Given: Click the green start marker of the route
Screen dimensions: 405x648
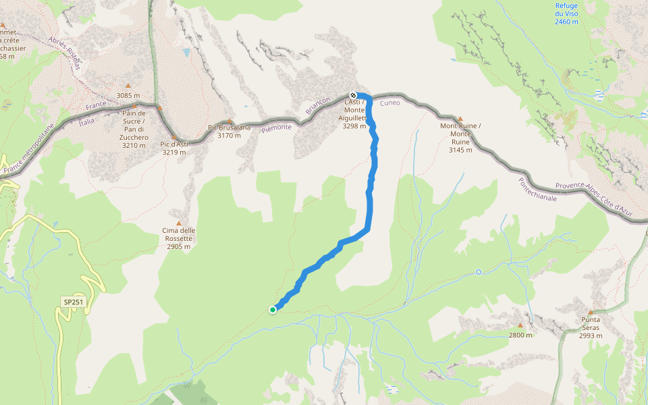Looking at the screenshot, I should pyautogui.click(x=273, y=310).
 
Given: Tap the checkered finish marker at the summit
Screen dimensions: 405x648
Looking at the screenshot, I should pyautogui.click(x=353, y=95).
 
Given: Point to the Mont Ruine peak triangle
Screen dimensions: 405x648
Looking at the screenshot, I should pyautogui.click(x=460, y=118).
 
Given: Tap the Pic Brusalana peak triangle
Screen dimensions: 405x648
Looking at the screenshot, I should pyautogui.click(x=230, y=122).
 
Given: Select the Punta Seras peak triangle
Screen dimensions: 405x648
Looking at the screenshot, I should pyautogui.click(x=591, y=313).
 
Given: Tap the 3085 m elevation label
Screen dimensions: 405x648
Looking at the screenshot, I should pyautogui.click(x=128, y=95).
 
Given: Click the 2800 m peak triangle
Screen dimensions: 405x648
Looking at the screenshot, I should pyautogui.click(x=520, y=325).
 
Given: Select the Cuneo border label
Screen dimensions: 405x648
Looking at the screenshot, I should pyautogui.click(x=389, y=103).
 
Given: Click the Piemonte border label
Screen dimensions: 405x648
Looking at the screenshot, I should pyautogui.click(x=277, y=126).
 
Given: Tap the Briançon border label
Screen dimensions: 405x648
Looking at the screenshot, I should pyautogui.click(x=317, y=105).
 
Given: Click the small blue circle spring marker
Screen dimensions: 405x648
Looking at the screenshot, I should pyautogui.click(x=479, y=272).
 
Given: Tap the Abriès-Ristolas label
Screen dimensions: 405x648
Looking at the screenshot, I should pyautogui.click(x=65, y=53).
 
